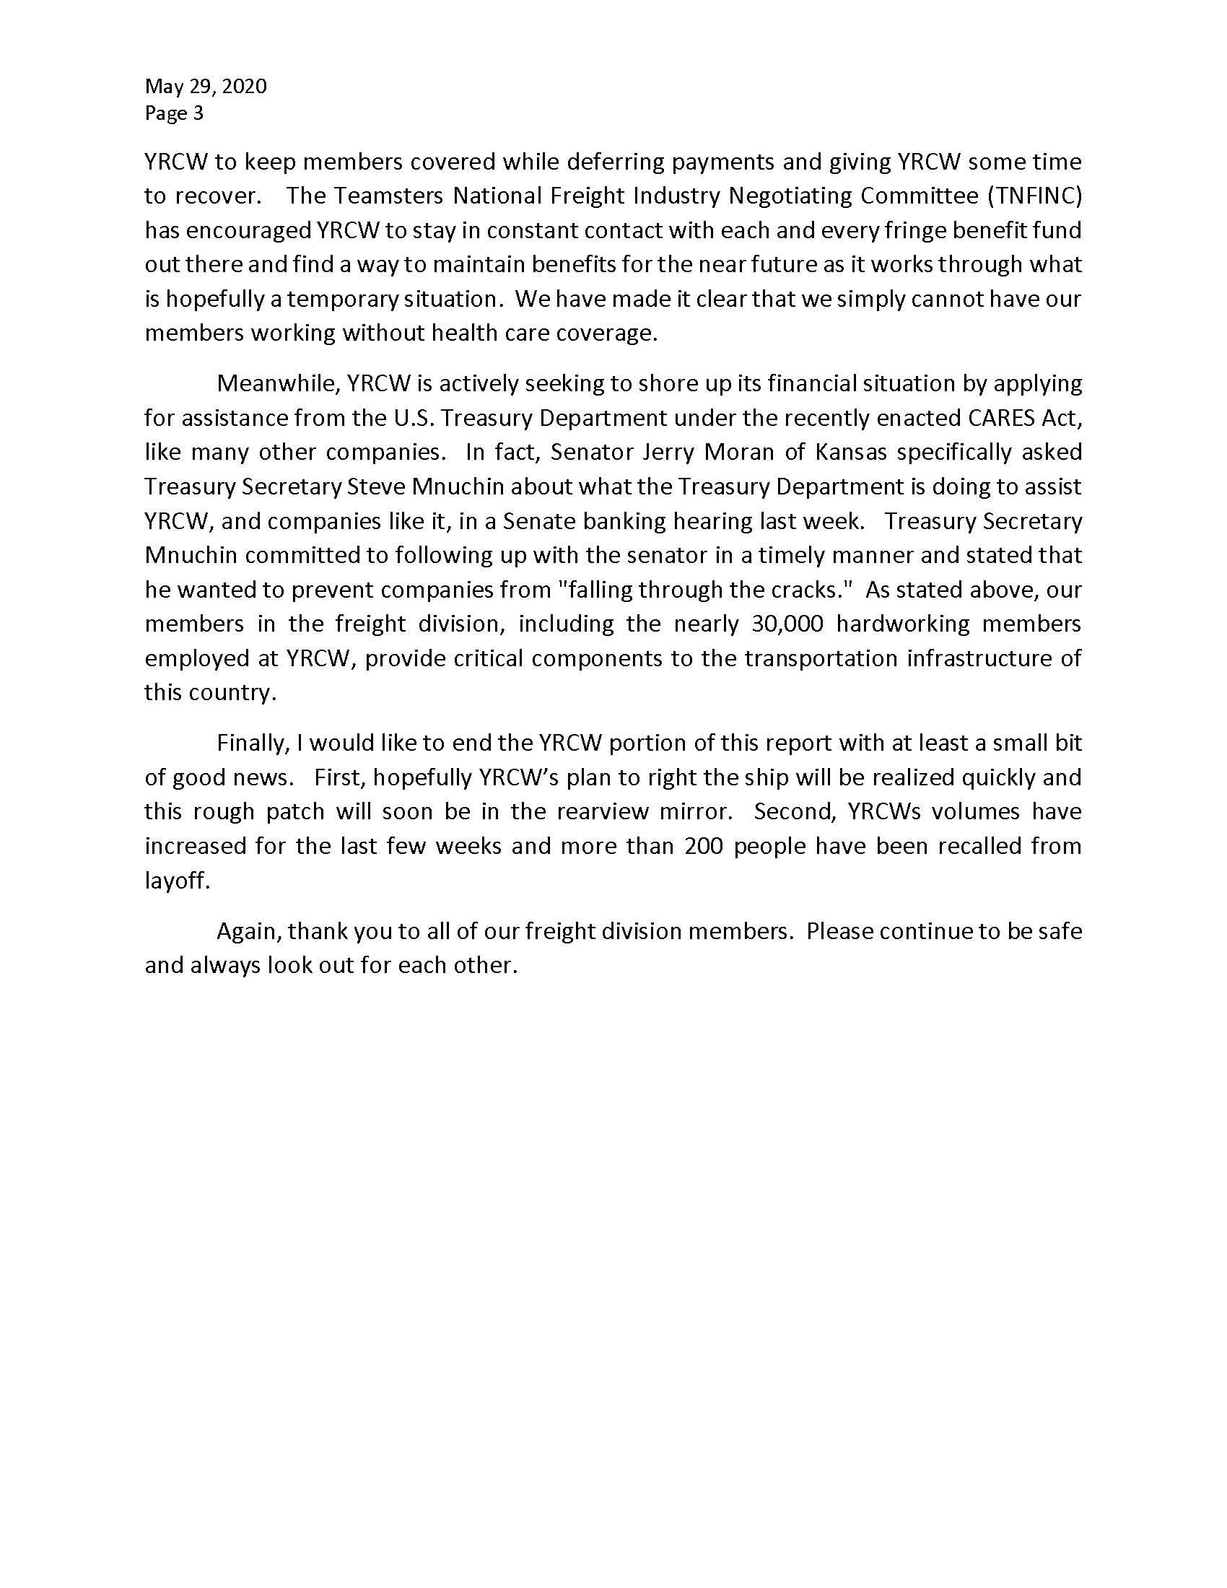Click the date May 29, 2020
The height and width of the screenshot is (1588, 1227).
click(206, 87)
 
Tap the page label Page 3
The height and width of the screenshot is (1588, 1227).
click(174, 113)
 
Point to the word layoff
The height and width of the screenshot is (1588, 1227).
click(177, 881)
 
